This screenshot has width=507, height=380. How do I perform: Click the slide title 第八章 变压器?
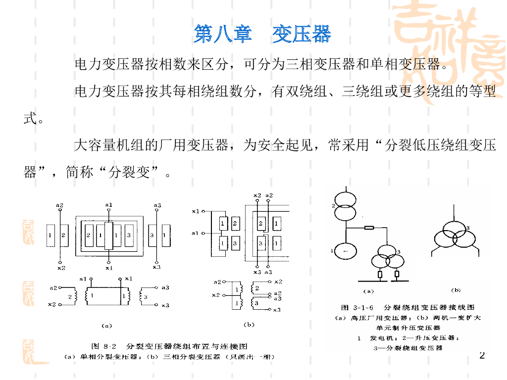262,34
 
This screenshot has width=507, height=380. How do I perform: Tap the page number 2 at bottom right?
482,356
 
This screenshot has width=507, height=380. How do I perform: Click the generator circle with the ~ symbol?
345,252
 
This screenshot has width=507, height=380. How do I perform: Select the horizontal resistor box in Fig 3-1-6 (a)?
369,228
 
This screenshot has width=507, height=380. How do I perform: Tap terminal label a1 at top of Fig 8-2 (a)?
109,204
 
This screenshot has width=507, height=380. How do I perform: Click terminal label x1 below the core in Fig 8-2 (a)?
109,268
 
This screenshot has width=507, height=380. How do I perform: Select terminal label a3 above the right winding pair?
157,205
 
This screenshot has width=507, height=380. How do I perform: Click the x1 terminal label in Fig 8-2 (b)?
196,211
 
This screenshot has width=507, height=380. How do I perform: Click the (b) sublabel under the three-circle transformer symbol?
456,290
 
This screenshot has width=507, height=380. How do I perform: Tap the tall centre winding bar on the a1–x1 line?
109,236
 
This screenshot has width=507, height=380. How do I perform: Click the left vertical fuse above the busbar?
381,274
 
